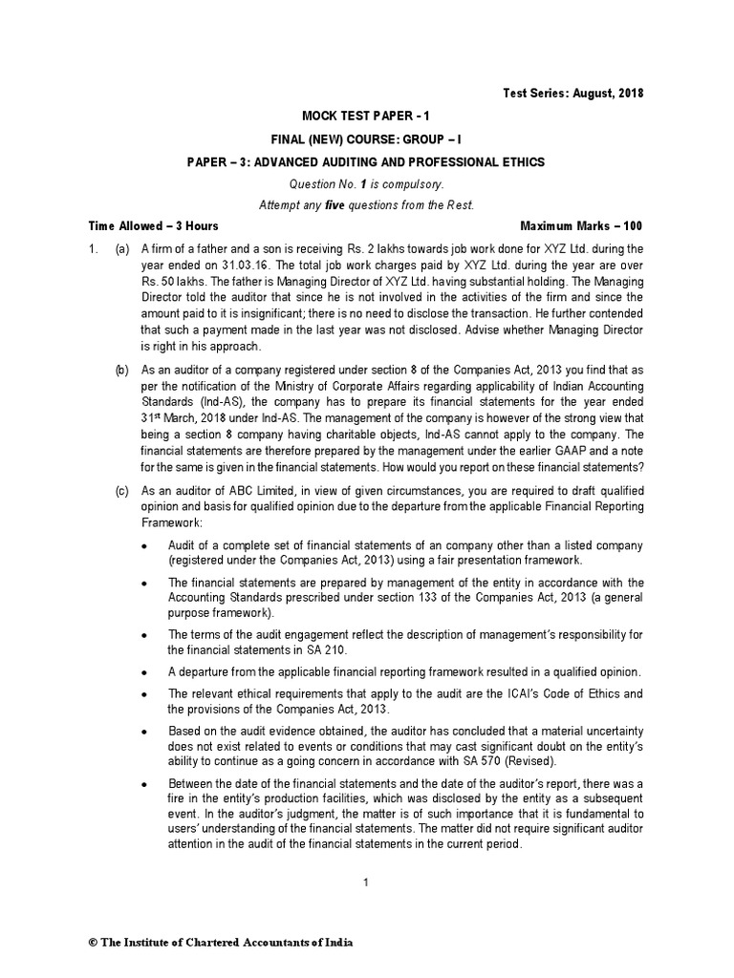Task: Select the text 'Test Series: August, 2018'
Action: click(573, 94)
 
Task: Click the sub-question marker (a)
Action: click(122, 249)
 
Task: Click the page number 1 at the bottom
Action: click(366, 882)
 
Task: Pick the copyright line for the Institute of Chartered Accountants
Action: click(221, 943)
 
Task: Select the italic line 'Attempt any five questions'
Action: click(366, 205)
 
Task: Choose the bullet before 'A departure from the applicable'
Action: click(143, 672)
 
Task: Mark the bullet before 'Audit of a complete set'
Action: click(143, 545)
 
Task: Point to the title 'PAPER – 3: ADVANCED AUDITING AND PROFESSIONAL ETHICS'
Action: click(366, 162)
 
